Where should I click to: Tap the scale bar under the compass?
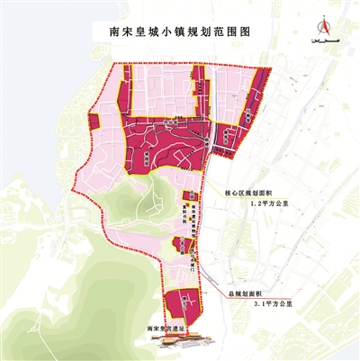click(x=317, y=42)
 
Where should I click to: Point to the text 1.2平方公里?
click(x=271, y=205)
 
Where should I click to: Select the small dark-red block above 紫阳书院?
click(x=190, y=197)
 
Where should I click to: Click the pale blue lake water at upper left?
click(x=36, y=108)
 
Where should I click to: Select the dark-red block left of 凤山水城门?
click(x=180, y=245)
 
